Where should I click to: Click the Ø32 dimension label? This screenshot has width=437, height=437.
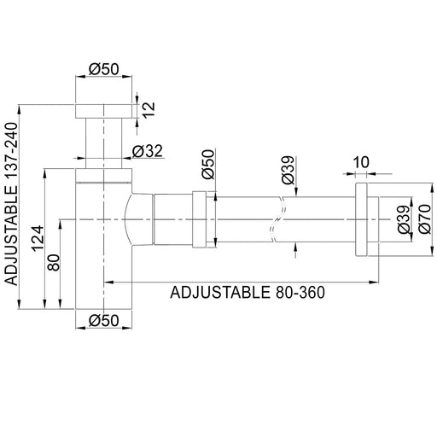[x=148, y=151]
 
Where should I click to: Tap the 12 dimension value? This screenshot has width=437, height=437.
[x=149, y=109]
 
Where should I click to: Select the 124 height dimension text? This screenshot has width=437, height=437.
[x=38, y=238]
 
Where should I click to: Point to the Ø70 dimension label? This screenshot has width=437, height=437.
[x=425, y=218]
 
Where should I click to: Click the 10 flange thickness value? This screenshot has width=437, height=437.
[x=361, y=162]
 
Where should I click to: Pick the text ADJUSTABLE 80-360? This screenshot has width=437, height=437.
[x=248, y=292]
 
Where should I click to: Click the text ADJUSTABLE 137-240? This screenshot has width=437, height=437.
[x=11, y=204]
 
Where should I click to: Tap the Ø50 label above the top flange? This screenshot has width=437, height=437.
[x=104, y=69]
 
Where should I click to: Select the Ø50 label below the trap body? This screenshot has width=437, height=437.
[x=104, y=321]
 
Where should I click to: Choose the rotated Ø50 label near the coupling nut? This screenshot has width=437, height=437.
[x=208, y=164]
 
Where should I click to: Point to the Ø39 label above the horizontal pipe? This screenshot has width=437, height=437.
[x=288, y=170]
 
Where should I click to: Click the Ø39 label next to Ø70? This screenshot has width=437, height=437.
[x=404, y=219]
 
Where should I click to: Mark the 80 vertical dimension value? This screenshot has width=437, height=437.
[x=54, y=262]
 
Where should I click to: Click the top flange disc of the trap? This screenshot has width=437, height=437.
[x=104, y=111]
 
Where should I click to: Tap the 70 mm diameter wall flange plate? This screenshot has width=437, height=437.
[x=361, y=219]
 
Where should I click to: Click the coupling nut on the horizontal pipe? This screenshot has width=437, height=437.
[x=199, y=219]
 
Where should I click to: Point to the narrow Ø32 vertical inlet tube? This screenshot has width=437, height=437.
[x=104, y=143]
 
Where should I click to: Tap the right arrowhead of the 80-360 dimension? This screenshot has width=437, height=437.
[x=374, y=283]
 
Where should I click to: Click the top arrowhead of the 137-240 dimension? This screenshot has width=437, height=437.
[x=19, y=110]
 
